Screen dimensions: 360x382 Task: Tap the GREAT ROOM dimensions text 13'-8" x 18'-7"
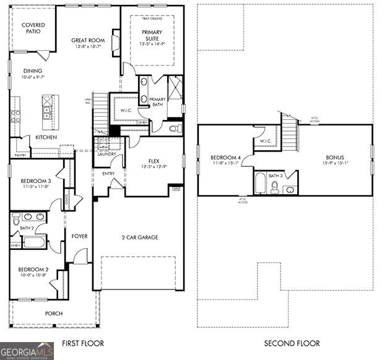87,46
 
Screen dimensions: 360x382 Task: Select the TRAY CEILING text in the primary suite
151,19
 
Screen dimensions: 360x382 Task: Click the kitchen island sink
46,113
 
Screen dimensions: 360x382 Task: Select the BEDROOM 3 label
32,181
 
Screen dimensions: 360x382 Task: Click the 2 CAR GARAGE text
139,238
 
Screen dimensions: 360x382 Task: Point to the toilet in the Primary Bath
176,129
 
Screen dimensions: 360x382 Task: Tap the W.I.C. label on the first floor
124,111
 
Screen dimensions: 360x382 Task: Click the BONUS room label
336,157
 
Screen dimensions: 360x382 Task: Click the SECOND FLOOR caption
292,343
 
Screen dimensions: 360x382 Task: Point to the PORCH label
54,314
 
